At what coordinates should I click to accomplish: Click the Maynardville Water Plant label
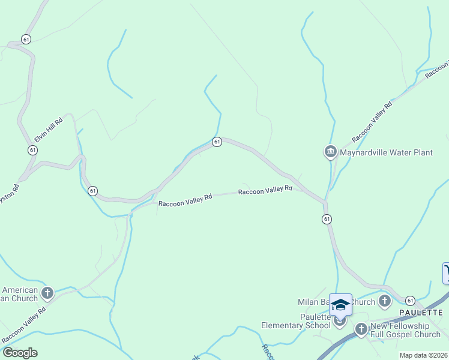386,152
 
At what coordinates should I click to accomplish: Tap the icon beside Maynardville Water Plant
330,152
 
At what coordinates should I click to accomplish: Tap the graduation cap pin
340,305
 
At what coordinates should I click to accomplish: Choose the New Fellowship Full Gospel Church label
405,329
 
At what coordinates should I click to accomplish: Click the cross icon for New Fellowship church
361,329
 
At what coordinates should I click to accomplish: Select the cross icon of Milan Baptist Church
385,301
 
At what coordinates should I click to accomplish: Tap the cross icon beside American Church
47,293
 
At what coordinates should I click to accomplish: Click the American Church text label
19,294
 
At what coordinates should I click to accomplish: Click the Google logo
19,352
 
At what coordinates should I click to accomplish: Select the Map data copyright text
423,355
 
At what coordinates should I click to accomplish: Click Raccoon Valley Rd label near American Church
23,326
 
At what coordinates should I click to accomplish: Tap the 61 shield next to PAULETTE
410,300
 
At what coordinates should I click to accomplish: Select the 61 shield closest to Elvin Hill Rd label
32,149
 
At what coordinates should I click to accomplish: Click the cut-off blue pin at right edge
446,273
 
